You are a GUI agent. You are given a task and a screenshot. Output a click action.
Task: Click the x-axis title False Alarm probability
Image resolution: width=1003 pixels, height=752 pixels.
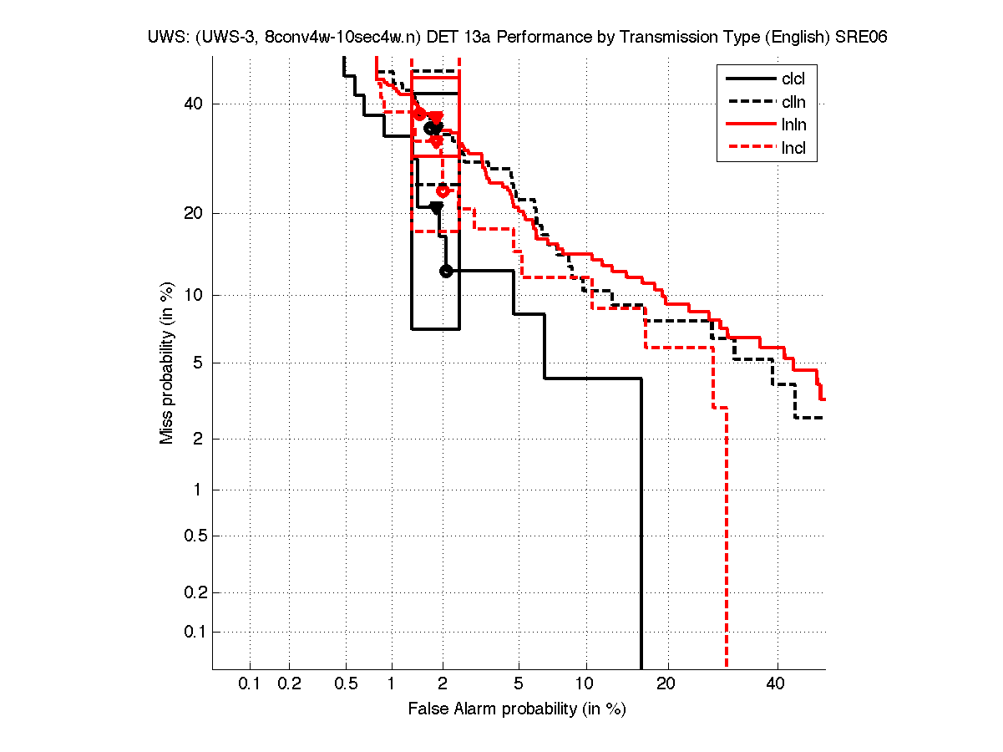517,709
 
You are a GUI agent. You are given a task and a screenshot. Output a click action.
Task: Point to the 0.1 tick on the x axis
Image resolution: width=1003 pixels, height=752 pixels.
250,684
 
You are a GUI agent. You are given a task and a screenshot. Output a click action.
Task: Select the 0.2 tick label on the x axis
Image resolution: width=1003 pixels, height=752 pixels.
289,684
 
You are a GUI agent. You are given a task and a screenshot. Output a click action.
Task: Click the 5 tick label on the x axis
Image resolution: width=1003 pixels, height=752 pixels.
519,684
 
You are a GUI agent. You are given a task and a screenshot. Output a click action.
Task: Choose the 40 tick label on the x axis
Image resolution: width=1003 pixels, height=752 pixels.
777,684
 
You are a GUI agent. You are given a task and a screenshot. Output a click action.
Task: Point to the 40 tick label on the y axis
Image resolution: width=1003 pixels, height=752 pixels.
194,104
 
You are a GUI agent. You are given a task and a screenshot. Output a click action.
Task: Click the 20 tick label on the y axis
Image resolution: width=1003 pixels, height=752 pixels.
194,213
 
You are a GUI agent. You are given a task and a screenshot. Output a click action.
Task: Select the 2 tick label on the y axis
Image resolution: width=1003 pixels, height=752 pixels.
199,439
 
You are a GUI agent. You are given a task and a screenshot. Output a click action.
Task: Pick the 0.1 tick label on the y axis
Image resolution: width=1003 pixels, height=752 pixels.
192,632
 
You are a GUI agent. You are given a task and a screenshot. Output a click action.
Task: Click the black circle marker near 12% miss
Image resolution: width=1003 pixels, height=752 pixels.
446,271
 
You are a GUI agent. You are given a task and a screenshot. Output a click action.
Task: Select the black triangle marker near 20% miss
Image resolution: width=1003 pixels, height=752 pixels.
436,208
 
